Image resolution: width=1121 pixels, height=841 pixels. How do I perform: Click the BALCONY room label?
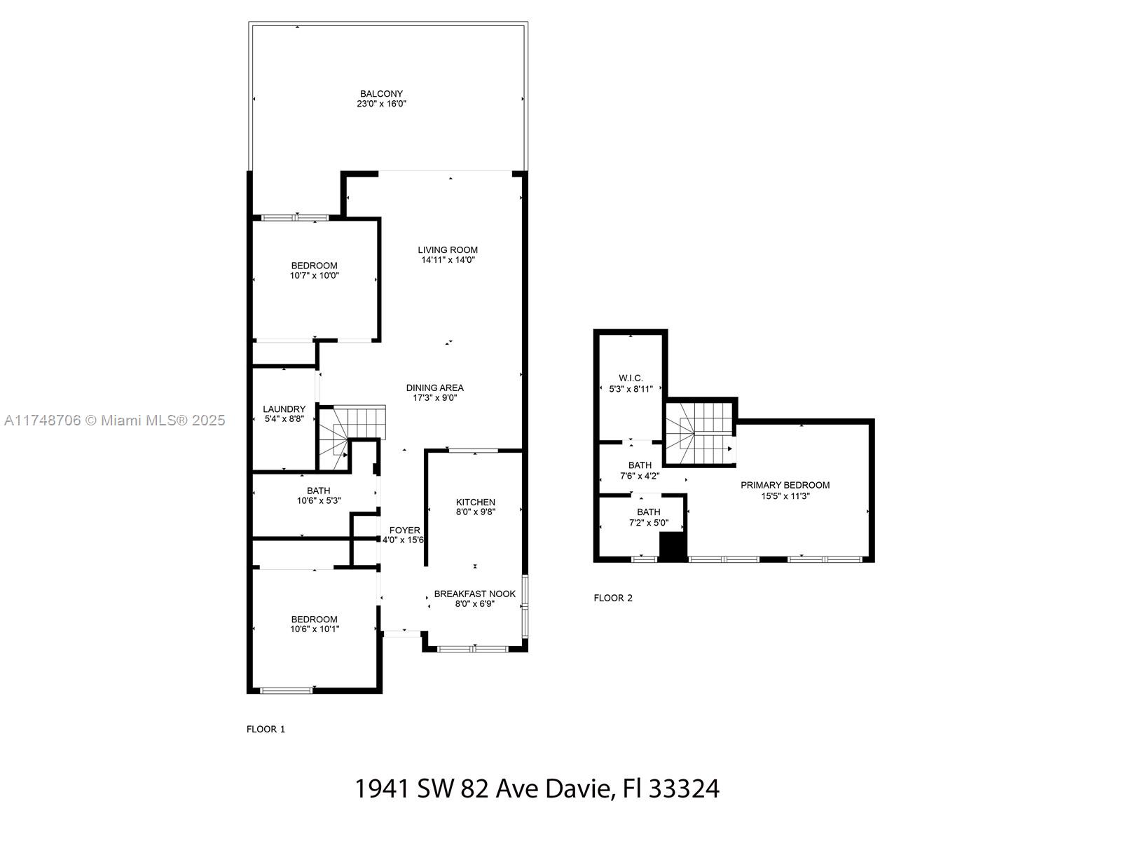point(381,94)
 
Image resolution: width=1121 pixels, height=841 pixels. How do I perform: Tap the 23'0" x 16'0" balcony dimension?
point(381,104)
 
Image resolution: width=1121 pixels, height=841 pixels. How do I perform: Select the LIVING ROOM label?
point(448,250)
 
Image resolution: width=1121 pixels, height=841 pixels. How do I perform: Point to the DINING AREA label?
point(434,388)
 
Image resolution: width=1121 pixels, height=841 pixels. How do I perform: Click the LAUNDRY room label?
point(284,409)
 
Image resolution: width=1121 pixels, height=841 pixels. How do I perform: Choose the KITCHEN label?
point(476,502)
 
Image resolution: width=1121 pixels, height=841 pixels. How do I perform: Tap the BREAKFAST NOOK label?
point(474,594)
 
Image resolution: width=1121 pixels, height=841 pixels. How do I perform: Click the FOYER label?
point(404,531)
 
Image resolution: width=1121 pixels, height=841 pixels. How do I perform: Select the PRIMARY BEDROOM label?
point(785,485)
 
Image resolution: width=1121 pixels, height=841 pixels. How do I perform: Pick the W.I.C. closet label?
point(631,378)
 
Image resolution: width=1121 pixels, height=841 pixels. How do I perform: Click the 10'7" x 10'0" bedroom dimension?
point(314,275)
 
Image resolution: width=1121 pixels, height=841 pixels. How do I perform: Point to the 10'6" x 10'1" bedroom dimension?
point(314,629)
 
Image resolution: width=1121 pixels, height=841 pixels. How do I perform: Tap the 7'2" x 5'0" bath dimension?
point(648,523)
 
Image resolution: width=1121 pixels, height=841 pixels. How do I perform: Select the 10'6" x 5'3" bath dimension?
point(319,501)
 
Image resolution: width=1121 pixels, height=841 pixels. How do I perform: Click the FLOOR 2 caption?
point(613,598)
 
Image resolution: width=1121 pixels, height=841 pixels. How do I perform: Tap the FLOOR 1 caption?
point(266,729)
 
